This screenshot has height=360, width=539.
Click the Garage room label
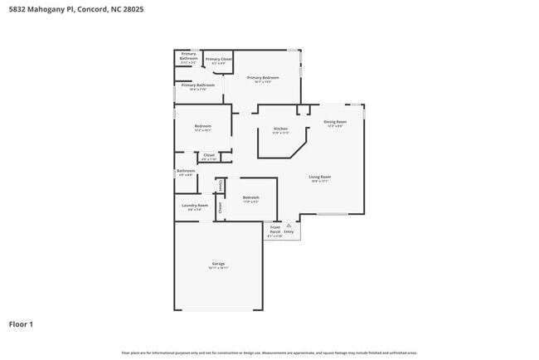[217, 265]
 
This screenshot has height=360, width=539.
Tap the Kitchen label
[281, 129]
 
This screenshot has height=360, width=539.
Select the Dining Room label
[333, 122]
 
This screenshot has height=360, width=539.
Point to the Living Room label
[320, 178]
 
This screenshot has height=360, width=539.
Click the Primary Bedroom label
[262, 78]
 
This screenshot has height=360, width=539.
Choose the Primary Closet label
[219, 59]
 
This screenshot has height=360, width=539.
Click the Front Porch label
[275, 230]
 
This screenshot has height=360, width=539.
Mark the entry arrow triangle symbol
[289, 224]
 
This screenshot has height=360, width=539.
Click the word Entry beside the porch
[289, 231]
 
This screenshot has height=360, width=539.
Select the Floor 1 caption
[21, 324]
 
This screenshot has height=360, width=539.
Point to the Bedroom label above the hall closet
[202, 126]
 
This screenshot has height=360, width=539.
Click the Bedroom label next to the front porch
[250, 197]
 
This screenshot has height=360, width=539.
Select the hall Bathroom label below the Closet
[185, 171]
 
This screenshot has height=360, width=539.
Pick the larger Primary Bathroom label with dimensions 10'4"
[198, 85]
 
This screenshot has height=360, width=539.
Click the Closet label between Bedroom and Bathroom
[209, 155]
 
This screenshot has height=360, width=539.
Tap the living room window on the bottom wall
[333, 214]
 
